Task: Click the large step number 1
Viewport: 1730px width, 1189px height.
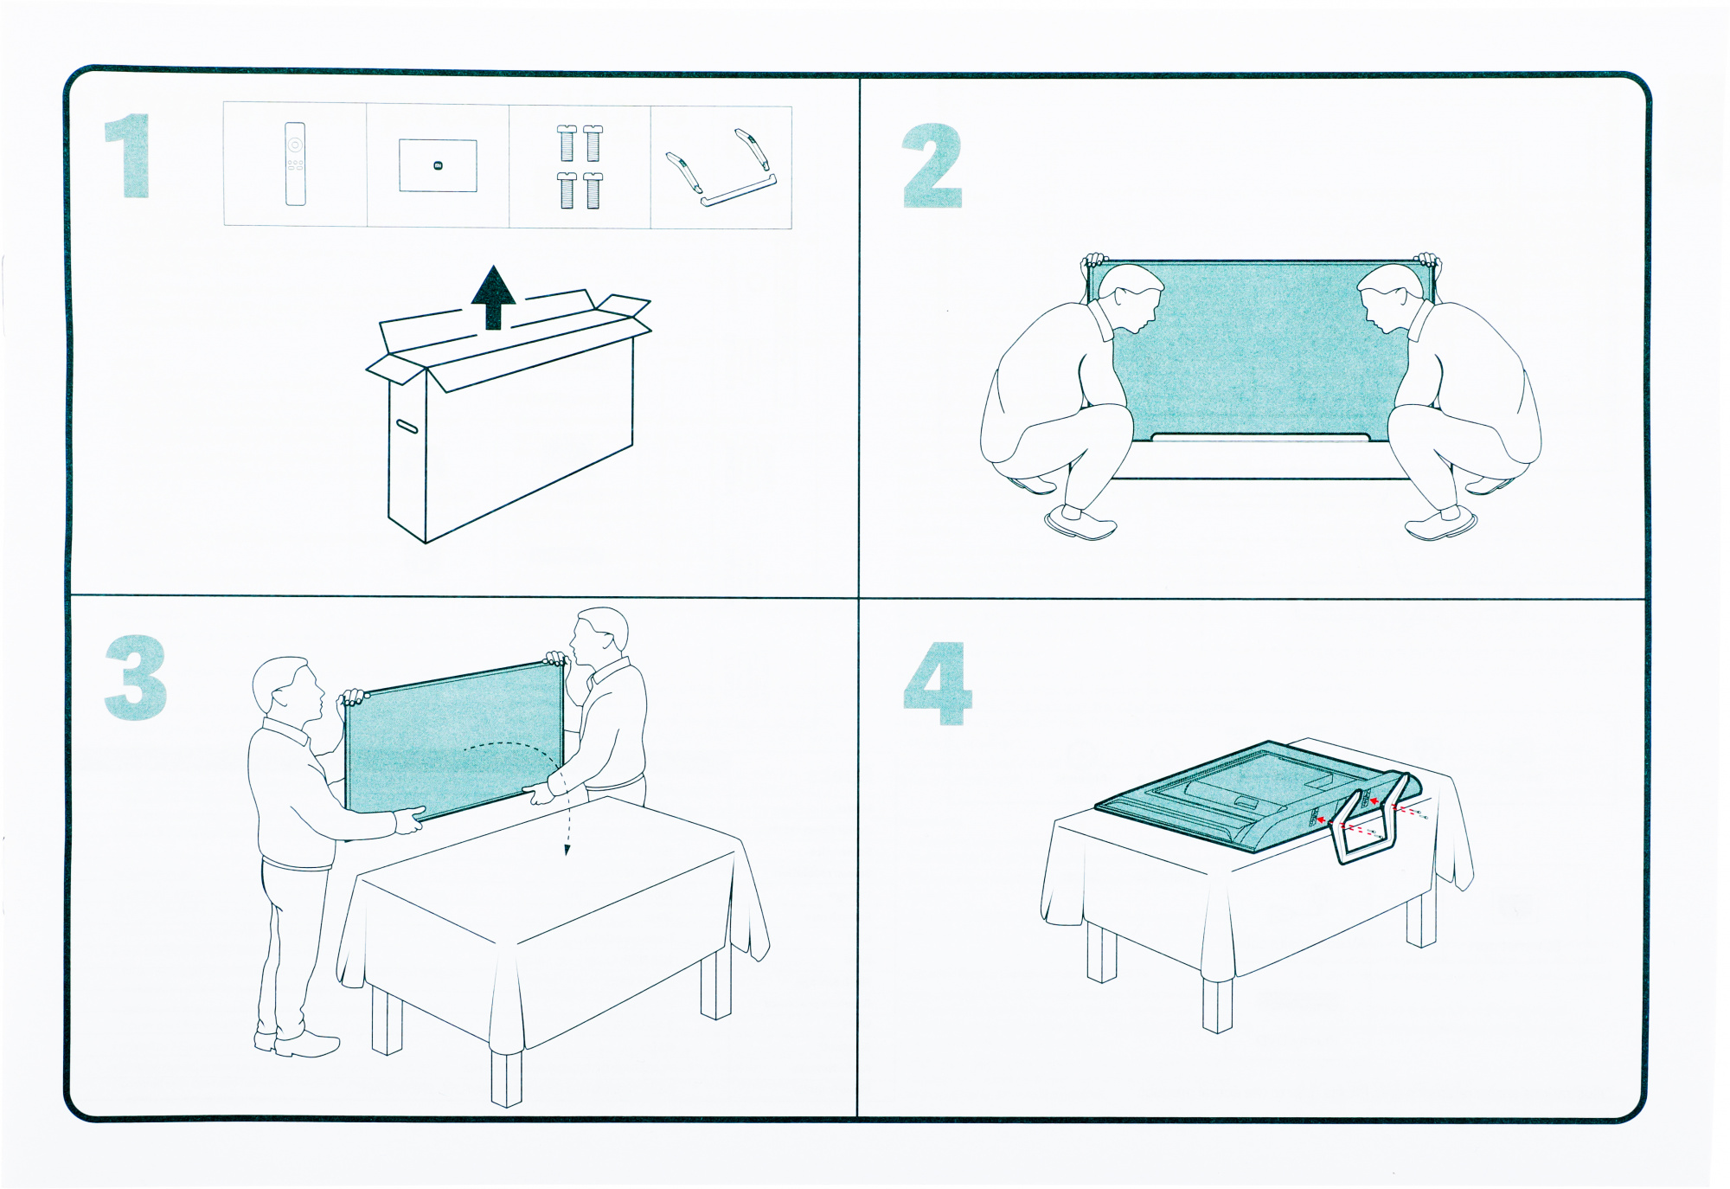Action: pos(128,157)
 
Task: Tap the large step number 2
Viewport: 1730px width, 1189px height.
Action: pos(932,166)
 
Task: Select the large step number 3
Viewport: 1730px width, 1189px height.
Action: pos(136,678)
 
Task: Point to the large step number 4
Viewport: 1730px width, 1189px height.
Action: pos(938,684)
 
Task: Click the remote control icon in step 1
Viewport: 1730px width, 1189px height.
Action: pos(295,164)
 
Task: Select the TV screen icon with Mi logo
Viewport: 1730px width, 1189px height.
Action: pos(438,165)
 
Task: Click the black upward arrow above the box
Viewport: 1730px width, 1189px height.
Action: pos(494,297)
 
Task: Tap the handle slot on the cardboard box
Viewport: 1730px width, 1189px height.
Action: pos(407,426)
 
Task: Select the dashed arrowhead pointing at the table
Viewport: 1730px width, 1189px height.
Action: pos(567,850)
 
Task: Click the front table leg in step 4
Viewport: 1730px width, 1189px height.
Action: pos(1217,1003)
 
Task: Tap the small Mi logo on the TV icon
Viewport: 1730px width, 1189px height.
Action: pos(438,165)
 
